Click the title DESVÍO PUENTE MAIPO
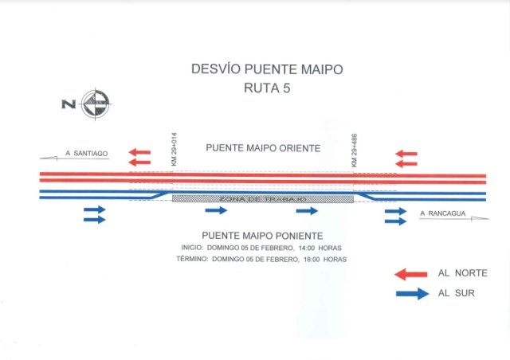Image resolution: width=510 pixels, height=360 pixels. (267, 69)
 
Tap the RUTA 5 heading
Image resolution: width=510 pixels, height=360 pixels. (266, 88)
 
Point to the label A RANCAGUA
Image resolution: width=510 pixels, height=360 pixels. (442, 213)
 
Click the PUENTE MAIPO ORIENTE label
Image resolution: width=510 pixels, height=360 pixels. (263, 148)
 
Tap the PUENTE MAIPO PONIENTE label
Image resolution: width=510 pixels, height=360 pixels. (262, 236)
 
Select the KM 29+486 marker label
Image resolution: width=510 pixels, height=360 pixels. (355, 150)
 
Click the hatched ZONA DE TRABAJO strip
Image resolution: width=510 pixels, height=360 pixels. (263, 198)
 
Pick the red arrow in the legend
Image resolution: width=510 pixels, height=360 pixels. (413, 273)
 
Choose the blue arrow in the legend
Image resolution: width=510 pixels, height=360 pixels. (413, 293)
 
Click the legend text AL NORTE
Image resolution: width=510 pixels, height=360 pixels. (462, 273)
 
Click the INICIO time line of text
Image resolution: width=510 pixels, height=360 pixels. (262, 248)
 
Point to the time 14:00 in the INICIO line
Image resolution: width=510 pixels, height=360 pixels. (308, 248)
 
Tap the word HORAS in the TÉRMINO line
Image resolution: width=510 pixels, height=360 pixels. (335, 260)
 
